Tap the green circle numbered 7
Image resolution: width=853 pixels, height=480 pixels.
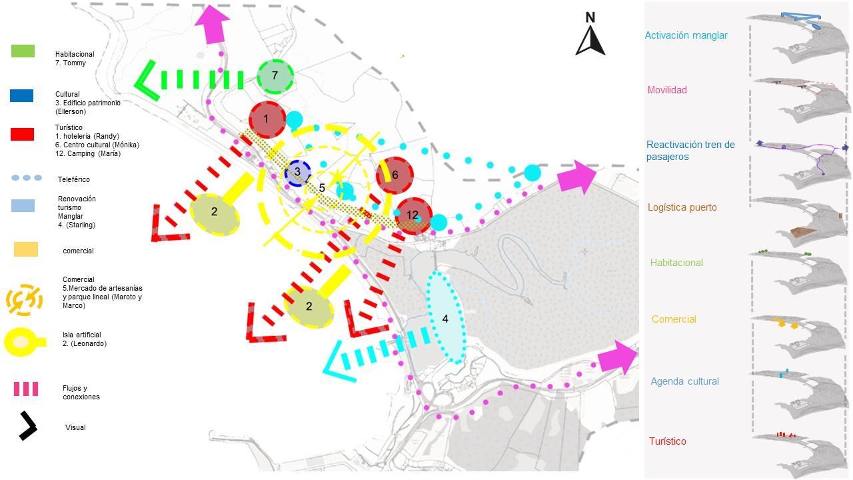pos(275,77)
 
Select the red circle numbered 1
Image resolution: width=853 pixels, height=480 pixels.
pos(267,119)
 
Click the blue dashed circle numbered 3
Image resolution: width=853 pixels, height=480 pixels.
pos(297,173)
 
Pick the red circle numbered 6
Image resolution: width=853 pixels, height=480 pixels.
pos(395,175)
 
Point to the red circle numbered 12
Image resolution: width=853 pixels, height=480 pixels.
pos(413,215)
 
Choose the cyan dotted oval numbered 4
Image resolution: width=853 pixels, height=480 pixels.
pos(445,317)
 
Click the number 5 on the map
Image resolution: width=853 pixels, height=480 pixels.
pos(322,189)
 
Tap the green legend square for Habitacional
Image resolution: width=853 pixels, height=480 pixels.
pos(23,51)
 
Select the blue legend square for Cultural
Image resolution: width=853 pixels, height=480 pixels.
pos(21,95)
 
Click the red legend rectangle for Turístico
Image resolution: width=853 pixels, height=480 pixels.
pos(22,134)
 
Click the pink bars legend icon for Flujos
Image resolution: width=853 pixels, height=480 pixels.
pos(26,389)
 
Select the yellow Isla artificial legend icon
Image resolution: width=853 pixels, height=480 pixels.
pos(24,342)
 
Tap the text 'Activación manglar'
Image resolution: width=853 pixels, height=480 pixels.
pos(686,35)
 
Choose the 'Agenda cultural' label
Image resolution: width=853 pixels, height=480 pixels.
pos(684,381)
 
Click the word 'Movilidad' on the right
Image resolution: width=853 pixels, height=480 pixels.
pos(667,90)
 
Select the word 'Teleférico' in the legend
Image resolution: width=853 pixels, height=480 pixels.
pos(73,179)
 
